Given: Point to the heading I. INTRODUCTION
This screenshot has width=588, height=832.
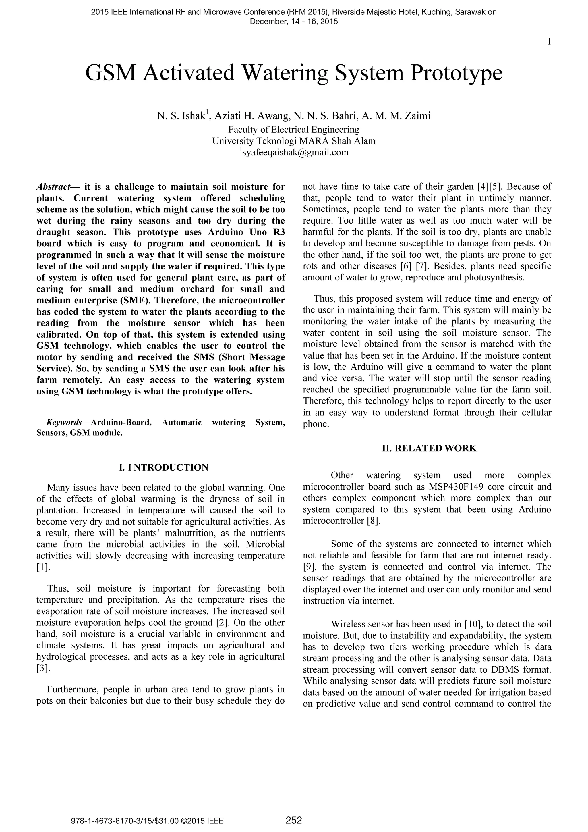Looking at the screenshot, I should (x=164, y=467).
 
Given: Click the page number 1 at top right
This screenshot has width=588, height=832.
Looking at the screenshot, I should (x=549, y=42).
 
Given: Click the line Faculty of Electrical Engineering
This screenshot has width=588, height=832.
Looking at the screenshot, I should (x=294, y=130).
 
